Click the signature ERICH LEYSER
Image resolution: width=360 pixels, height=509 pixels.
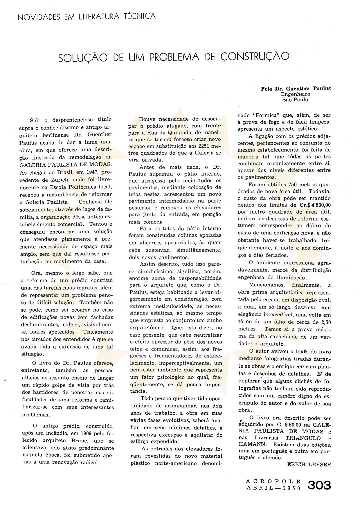tap(309, 464)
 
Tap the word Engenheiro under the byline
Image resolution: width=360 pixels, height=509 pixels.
tap(295, 94)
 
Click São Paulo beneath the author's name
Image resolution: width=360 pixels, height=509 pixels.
tap(295, 100)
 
